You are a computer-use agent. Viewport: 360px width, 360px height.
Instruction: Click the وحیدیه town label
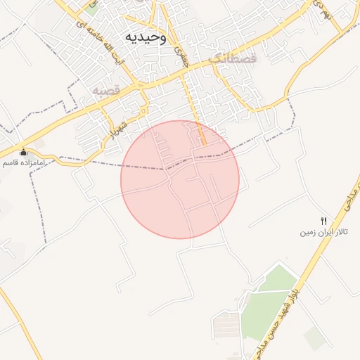pos(146,37)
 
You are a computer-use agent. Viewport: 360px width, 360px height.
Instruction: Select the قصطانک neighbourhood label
pos(234,59)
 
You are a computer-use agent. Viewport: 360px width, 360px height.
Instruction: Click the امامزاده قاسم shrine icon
pos(23,152)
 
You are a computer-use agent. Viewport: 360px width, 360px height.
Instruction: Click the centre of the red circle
pos(180,179)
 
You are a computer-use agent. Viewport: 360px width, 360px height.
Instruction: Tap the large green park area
pos(267,299)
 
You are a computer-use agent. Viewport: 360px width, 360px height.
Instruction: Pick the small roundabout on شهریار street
pos(143,110)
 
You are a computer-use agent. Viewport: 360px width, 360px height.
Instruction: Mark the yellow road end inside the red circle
pos(203,144)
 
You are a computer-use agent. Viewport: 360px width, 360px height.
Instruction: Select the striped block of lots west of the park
pos(226,325)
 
